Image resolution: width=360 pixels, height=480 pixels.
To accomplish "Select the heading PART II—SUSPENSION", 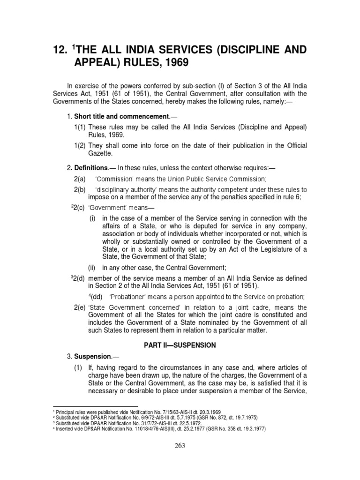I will (x=180, y=345).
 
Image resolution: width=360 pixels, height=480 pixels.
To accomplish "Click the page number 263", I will (x=180, y=446).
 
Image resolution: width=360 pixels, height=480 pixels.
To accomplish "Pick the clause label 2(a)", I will (x=80, y=180).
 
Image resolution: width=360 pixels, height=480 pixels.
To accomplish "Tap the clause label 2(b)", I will (x=80, y=190).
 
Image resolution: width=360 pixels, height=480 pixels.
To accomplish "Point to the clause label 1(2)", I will (x=80, y=146).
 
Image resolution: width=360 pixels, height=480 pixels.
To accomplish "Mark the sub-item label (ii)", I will (x=94, y=268).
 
